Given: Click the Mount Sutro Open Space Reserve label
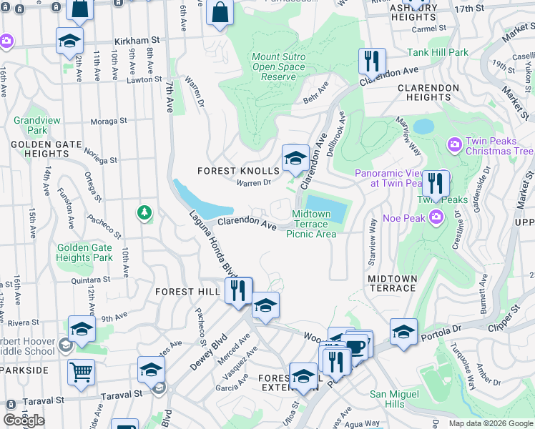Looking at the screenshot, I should click(278, 67).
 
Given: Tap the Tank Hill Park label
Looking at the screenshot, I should click(438, 52).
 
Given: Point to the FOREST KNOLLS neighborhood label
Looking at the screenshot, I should click(238, 171).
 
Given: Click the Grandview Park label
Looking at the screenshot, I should click(29, 126).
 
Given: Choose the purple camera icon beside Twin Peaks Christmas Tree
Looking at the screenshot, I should click(454, 146).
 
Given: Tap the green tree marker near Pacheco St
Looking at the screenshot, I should click(144, 212).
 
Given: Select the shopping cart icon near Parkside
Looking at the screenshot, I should click(82, 372).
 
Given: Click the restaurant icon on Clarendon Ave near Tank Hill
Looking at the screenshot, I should click(372, 61).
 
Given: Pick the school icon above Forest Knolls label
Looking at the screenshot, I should click(295, 158).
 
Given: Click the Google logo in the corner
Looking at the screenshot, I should click(24, 420).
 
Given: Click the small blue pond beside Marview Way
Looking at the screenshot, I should click(423, 127).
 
